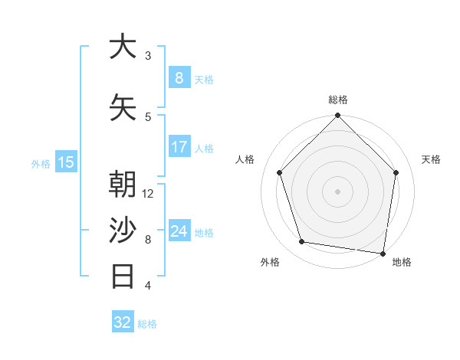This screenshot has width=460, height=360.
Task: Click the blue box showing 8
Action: click(x=179, y=77)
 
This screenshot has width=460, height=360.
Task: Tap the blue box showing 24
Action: click(x=179, y=231)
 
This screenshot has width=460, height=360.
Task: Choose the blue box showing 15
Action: click(x=66, y=162)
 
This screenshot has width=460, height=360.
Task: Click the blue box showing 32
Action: click(x=123, y=322)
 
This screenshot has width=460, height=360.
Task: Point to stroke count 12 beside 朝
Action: click(x=149, y=194)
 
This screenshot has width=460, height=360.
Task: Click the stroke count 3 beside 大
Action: click(x=148, y=56)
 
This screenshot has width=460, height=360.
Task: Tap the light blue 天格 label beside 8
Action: click(x=204, y=79)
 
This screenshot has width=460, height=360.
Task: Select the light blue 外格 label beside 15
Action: click(x=41, y=163)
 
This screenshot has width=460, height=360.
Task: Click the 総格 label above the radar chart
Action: click(x=338, y=100)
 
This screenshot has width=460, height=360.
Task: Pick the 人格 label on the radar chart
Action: click(x=245, y=159)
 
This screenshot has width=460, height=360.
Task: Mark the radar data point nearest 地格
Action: click(x=383, y=253)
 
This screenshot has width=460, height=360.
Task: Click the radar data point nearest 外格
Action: click(x=302, y=242)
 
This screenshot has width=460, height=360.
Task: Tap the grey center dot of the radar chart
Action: click(x=338, y=191)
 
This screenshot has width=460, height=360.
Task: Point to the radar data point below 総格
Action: click(x=338, y=116)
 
